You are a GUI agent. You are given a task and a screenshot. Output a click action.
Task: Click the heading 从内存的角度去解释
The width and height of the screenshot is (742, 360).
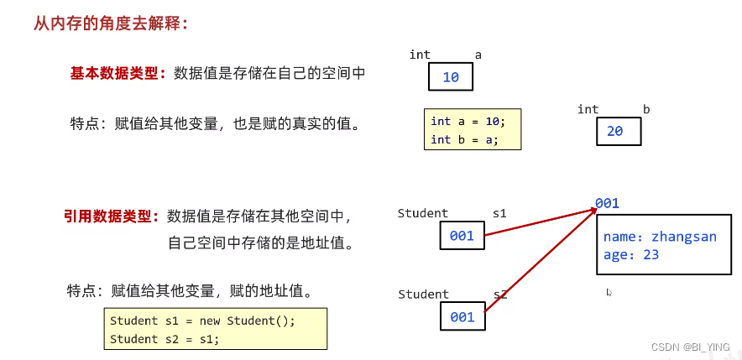tap(111, 23)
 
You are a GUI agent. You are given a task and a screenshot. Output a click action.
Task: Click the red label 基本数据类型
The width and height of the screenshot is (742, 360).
tap(118, 73)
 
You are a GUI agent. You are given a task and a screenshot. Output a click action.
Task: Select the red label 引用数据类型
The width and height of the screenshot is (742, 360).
tap(112, 216)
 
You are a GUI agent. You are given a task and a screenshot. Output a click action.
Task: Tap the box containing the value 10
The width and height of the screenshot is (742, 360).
tap(451, 77)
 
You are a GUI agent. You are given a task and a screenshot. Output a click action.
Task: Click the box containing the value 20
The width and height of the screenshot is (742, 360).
tap(619, 132)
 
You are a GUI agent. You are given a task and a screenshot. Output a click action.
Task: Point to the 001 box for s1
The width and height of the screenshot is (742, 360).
tap(462, 236)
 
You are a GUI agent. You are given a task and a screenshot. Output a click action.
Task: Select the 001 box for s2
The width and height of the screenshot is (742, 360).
tap(462, 316)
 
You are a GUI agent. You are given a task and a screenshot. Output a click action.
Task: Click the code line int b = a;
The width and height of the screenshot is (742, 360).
tap(464, 139)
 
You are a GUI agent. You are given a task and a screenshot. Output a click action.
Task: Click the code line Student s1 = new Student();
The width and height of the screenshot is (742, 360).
tap(202, 321)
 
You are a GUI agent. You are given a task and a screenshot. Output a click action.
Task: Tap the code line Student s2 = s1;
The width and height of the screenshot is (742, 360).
tap(164, 339)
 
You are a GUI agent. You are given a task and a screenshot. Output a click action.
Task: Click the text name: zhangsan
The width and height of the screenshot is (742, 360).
tap(660, 237)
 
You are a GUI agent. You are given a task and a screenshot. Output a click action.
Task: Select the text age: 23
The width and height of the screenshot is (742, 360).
tap(631, 255)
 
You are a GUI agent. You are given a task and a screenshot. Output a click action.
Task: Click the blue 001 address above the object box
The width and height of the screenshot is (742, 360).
tap(607, 203)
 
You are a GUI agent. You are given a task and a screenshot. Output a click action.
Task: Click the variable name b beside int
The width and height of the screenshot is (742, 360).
tap(646, 109)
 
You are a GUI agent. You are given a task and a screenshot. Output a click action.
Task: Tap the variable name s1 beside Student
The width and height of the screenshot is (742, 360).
tap(499, 213)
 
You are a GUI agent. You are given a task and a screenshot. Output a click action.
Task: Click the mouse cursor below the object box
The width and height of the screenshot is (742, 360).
tap(609, 293)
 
